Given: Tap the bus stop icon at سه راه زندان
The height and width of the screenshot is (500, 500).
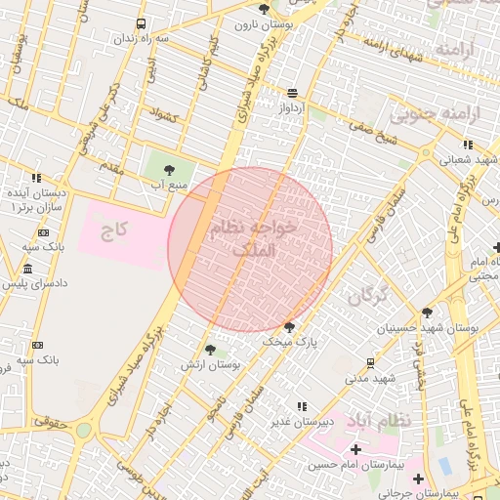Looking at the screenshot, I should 143,23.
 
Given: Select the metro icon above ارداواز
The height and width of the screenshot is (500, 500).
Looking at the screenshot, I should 293,94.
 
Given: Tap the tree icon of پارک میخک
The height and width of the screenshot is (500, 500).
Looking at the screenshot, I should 289,327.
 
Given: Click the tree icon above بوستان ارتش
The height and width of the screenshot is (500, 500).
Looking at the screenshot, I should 211,349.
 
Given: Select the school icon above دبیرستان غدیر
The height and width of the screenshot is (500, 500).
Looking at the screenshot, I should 301,405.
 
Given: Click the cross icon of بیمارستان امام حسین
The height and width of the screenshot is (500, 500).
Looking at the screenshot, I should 355,449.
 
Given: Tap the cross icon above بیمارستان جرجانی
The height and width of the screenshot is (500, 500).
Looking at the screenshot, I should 419,479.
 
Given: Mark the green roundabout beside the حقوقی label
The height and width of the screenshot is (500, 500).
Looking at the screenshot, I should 85,430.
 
